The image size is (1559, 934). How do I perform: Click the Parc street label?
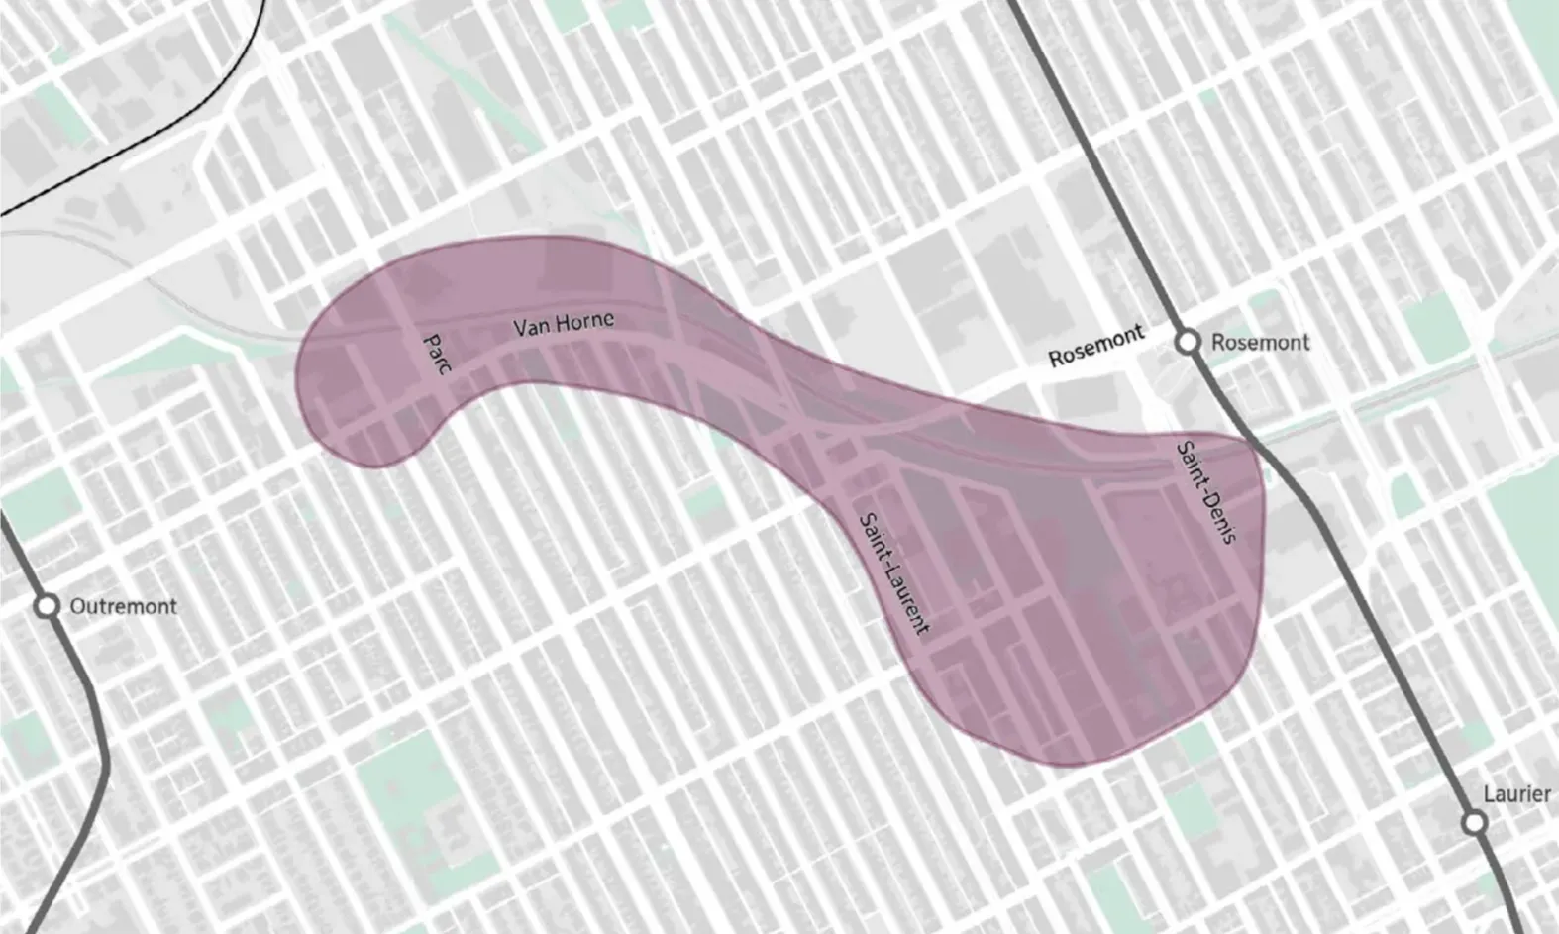(437, 354)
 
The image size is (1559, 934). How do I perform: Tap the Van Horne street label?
(563, 324)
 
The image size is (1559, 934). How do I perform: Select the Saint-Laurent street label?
(894, 573)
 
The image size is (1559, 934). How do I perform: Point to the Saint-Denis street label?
(1206, 492)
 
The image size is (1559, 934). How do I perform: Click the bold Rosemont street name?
(1096, 346)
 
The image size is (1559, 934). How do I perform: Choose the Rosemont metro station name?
(1260, 343)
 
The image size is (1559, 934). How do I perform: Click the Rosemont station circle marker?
(1187, 342)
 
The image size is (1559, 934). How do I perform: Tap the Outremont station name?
(123, 606)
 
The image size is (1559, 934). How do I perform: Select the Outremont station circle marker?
(47, 606)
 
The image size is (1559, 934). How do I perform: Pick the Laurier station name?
(1516, 793)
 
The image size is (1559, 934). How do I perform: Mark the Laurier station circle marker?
(1475, 822)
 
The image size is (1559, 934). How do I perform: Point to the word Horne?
(583, 321)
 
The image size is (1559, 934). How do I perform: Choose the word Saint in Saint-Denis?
(1190, 461)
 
